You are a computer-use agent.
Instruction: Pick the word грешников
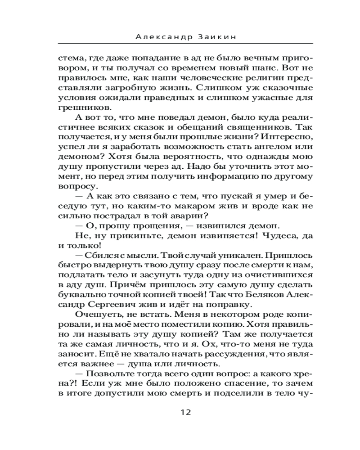click(84, 108)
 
